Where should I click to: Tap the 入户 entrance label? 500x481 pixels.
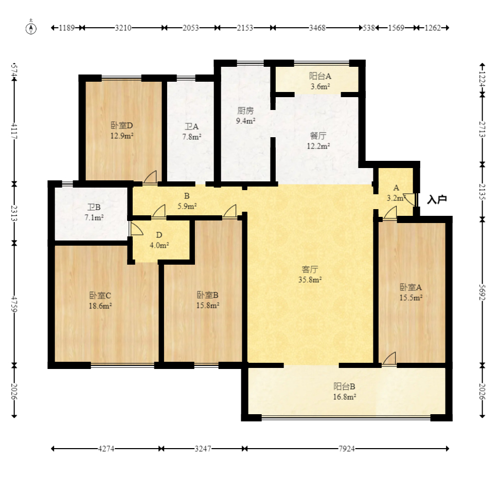437,200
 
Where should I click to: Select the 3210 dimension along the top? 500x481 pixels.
123,28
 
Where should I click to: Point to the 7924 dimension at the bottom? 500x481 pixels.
347,449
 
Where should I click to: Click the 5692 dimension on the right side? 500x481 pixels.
482,292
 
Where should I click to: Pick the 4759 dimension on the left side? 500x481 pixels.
14,305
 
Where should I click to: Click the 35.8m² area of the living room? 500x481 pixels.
310,280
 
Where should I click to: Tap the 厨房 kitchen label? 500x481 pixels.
245,110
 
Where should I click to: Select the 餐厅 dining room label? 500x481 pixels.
318,136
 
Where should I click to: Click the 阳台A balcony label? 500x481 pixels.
320,76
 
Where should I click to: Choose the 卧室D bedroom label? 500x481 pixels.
122,125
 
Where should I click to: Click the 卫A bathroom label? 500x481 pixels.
192,127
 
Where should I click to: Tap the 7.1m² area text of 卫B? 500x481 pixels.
94,218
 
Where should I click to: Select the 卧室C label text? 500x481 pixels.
100,295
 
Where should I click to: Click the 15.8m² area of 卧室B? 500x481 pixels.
208,305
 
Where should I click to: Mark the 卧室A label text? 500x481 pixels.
410,287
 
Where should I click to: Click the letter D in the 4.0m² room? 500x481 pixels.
159,235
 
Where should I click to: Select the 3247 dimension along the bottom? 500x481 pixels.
203,449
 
